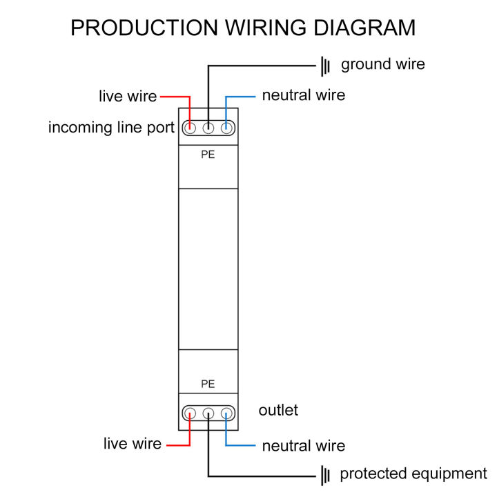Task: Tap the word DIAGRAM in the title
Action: [x=364, y=28]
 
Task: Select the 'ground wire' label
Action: [x=382, y=65]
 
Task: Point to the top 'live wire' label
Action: [x=128, y=96]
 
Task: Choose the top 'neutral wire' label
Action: [x=303, y=95]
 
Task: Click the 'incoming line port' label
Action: [x=111, y=128]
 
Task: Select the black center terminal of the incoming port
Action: [x=208, y=128]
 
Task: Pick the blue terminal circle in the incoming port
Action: [x=226, y=128]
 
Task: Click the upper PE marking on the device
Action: [x=208, y=155]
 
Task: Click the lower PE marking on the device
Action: [x=208, y=383]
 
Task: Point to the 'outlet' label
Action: [x=278, y=410]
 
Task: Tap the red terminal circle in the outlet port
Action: [x=190, y=413]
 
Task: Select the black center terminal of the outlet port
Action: [x=208, y=413]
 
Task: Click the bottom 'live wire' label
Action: [x=133, y=443]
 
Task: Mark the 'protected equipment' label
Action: [x=413, y=474]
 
